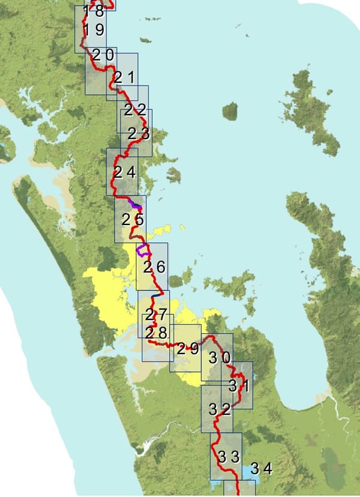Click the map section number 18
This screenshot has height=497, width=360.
click(x=94, y=11)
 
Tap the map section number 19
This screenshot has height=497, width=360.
click(x=94, y=30)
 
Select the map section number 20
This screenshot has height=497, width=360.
click(x=104, y=55)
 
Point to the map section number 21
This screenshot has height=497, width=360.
click(x=127, y=77)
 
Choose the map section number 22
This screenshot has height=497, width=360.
click(x=136, y=110)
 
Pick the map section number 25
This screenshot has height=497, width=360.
click(x=133, y=219)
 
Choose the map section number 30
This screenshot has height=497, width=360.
click(x=219, y=358)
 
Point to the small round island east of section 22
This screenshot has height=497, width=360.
click(x=230, y=110)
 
